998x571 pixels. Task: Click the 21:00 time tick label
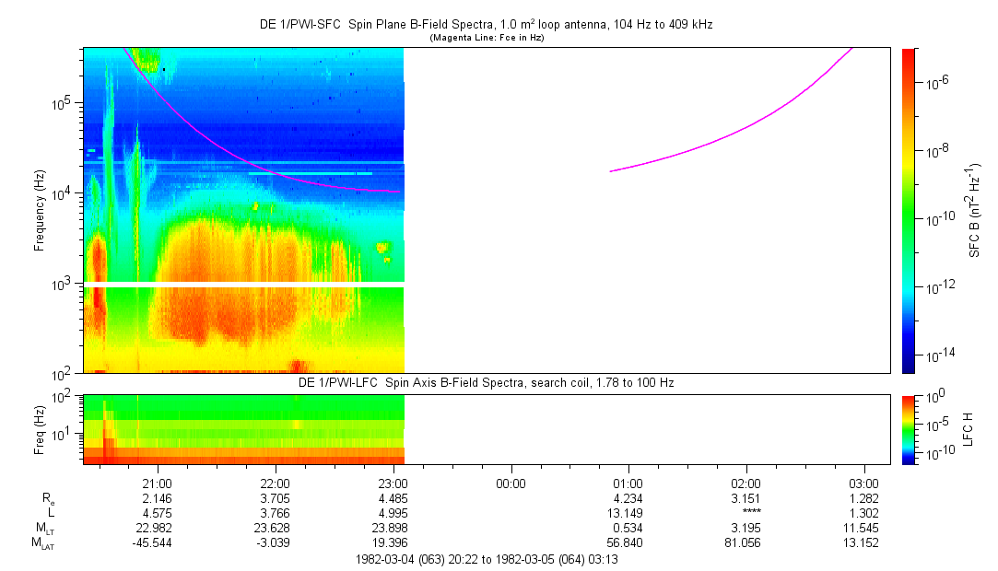[x=158, y=483]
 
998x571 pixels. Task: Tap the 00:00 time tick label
[x=511, y=483]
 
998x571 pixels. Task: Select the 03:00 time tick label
[x=863, y=483]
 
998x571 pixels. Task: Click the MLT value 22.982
[x=158, y=528]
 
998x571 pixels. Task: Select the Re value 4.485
[x=393, y=498]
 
